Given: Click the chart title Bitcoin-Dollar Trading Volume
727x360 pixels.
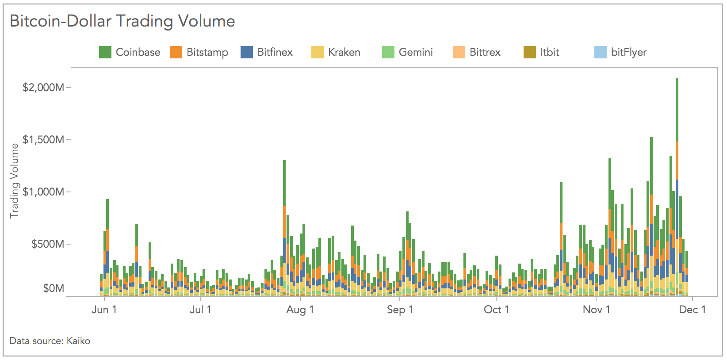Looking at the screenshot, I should click(x=122, y=21).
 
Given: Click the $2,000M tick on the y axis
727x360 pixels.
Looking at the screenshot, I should click(x=43, y=88).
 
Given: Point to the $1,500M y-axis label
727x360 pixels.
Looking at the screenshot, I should click(x=43, y=140).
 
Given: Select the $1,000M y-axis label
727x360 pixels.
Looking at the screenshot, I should click(x=43, y=192).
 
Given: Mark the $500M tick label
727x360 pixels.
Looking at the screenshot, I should click(x=47, y=244).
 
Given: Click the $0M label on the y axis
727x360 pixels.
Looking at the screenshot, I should click(x=53, y=289).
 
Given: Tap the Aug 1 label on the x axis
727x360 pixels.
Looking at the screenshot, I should click(x=300, y=310).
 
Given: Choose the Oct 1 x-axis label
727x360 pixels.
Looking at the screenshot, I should click(x=496, y=310).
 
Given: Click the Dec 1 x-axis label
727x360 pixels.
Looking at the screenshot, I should click(x=693, y=310).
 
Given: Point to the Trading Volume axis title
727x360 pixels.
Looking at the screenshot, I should click(x=14, y=180).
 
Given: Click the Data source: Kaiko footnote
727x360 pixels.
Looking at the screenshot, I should click(x=50, y=341).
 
